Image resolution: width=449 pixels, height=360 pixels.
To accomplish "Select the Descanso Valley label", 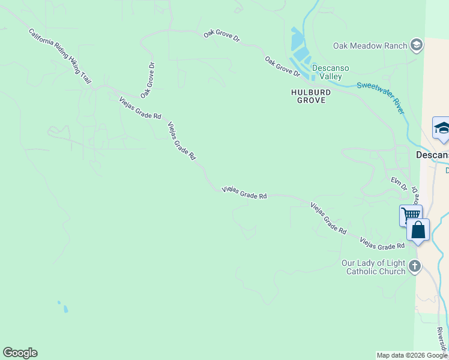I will pyautogui.click(x=330, y=72).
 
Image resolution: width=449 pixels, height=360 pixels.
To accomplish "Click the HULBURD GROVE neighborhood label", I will pyautogui.click(x=308, y=96).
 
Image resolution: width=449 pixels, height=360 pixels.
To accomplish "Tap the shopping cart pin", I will pyautogui.click(x=411, y=215).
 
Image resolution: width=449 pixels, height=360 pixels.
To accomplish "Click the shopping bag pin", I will pyautogui.click(x=418, y=230).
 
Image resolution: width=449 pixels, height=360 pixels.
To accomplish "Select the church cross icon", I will pyautogui.click(x=414, y=266).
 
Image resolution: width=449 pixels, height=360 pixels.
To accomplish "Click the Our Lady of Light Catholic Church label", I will pyautogui.click(x=373, y=267).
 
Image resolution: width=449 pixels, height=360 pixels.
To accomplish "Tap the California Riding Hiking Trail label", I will pyautogui.click(x=60, y=55).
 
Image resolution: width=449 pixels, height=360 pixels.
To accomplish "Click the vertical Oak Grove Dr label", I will pyautogui.click(x=148, y=80).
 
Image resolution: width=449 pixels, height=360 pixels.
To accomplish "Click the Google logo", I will pyautogui.click(x=20, y=353).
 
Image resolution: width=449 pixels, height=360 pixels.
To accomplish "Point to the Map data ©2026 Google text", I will pyautogui.click(x=412, y=355).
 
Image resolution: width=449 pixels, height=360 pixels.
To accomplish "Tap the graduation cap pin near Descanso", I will pyautogui.click(x=442, y=128).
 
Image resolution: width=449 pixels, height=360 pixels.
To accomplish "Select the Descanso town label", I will pyautogui.click(x=433, y=155).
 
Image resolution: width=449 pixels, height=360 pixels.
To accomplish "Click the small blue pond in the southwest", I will pyautogui.click(x=65, y=309).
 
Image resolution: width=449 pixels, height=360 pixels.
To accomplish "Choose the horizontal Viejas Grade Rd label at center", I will pyautogui.click(x=244, y=192).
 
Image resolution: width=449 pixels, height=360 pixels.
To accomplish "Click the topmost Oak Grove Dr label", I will pyautogui.click(x=221, y=36).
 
